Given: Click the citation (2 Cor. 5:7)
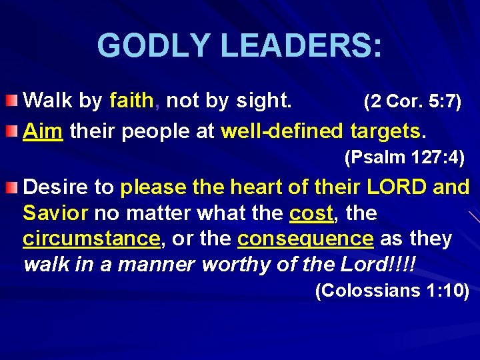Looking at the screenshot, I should [411, 102].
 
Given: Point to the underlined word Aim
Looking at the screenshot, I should [43, 131].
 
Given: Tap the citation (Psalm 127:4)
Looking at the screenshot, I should [404, 158].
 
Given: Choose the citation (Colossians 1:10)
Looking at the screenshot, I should [391, 291].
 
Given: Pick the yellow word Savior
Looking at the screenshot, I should [55, 213].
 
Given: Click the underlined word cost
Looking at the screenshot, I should [311, 213].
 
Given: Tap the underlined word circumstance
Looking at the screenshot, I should [91, 239].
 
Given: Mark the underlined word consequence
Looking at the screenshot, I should [305, 239].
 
